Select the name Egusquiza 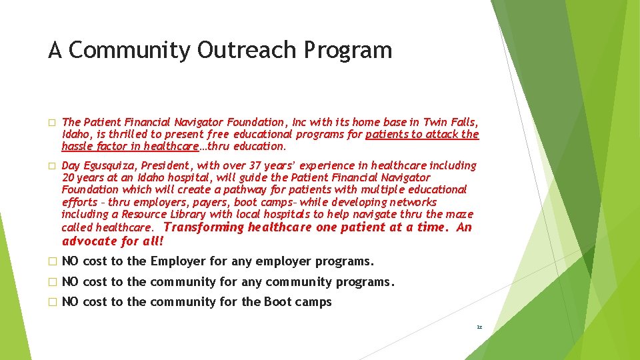[x=112, y=165]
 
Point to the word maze [x=461, y=214]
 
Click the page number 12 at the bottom [x=479, y=327]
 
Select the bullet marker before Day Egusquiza [x=51, y=166]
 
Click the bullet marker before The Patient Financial [x=51, y=123]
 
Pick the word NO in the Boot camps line [x=70, y=302]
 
